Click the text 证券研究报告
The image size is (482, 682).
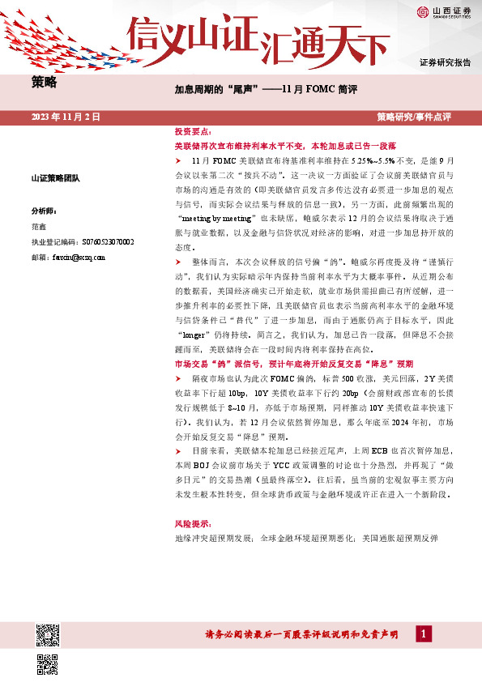(446, 62)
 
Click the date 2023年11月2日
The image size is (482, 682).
(66, 117)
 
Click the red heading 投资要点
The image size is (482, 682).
(194, 131)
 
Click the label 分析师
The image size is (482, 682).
(43, 208)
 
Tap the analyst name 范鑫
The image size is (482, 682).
(39, 227)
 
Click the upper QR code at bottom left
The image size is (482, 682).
(48, 634)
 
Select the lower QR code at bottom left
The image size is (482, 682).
(48, 663)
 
